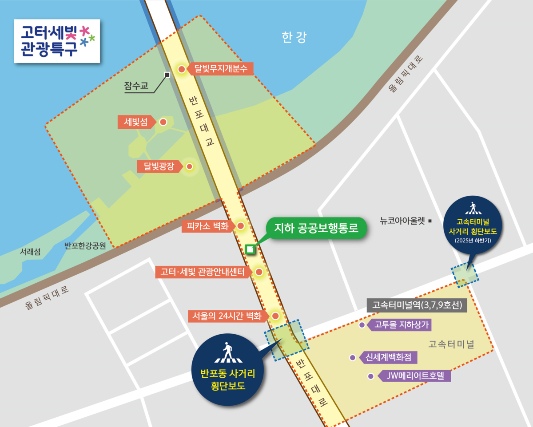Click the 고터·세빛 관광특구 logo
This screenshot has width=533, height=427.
(57, 40)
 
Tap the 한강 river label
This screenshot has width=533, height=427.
(294, 37)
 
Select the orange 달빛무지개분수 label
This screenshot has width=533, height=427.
(221, 69)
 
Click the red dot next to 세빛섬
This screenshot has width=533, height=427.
(163, 122)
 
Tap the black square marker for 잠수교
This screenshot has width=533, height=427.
(167, 75)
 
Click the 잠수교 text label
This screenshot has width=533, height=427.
(136, 86)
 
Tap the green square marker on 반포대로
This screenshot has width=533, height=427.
(250, 249)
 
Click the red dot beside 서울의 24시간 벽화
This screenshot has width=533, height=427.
(275, 316)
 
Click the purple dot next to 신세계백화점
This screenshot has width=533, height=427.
(353, 357)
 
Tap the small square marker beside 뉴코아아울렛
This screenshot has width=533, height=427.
(430, 219)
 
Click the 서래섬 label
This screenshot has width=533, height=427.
(30, 252)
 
